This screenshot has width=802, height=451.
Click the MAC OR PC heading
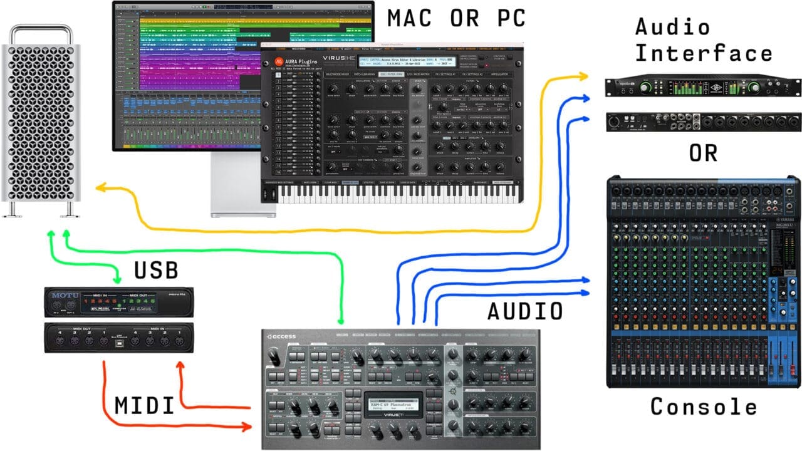click(x=456, y=18)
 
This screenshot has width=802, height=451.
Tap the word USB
click(x=156, y=270)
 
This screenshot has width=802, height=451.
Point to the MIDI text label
click(x=145, y=406)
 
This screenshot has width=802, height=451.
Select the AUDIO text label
click(x=525, y=310)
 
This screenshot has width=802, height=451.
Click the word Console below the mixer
click(x=704, y=407)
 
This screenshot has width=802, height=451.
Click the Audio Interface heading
click(x=703, y=40)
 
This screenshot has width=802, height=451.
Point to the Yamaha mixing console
click(x=704, y=282)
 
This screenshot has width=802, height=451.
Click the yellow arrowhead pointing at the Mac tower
click(x=101, y=187)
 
